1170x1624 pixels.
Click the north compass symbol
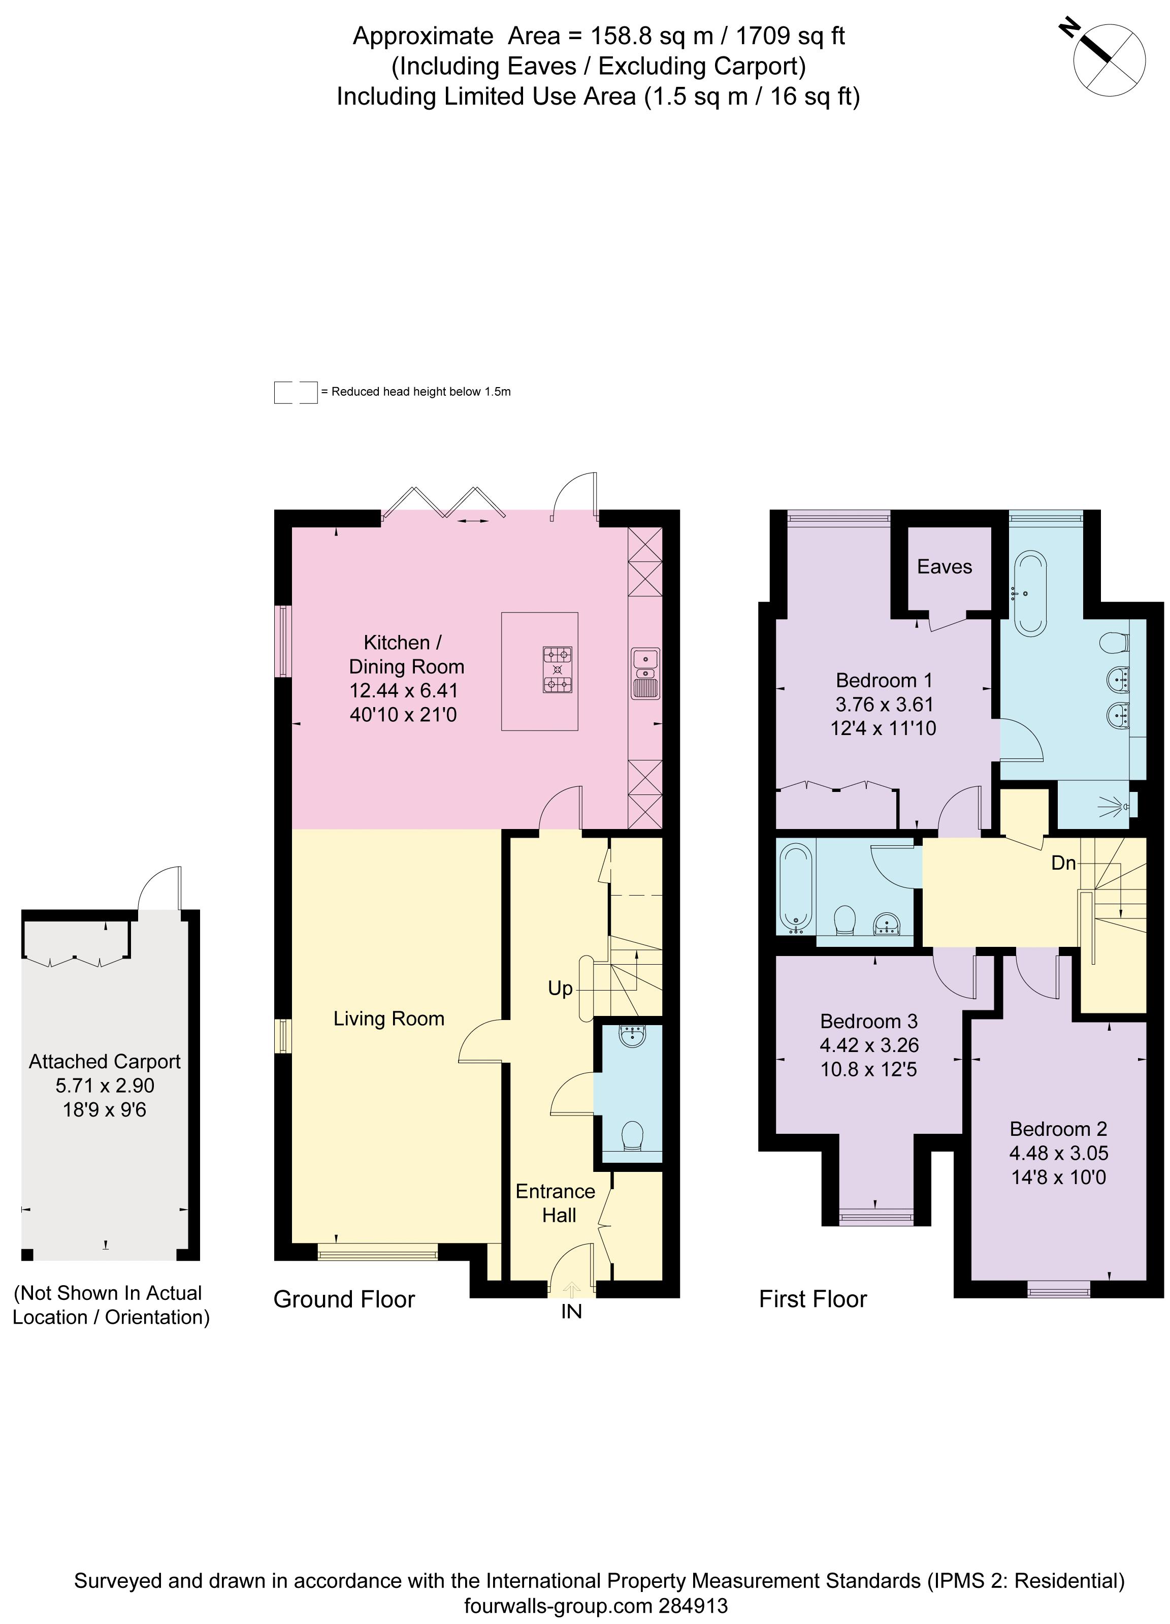tap(1109, 59)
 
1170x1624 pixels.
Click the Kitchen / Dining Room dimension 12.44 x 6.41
tap(403, 691)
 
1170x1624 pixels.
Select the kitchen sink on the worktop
tap(645, 673)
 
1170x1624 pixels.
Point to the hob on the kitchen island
tap(557, 669)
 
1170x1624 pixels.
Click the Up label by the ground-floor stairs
tap(560, 989)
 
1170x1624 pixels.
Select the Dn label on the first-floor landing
tap(1063, 864)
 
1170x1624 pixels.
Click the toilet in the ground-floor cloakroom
tap(632, 1136)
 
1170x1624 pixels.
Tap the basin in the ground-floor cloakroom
tap(633, 1036)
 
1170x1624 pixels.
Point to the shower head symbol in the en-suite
tap(1116, 807)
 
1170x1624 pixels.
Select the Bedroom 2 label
tap(1058, 1129)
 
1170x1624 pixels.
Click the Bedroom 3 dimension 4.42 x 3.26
tap(868, 1045)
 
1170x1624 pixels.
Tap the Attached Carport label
tap(105, 1062)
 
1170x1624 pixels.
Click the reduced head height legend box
tap(295, 392)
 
